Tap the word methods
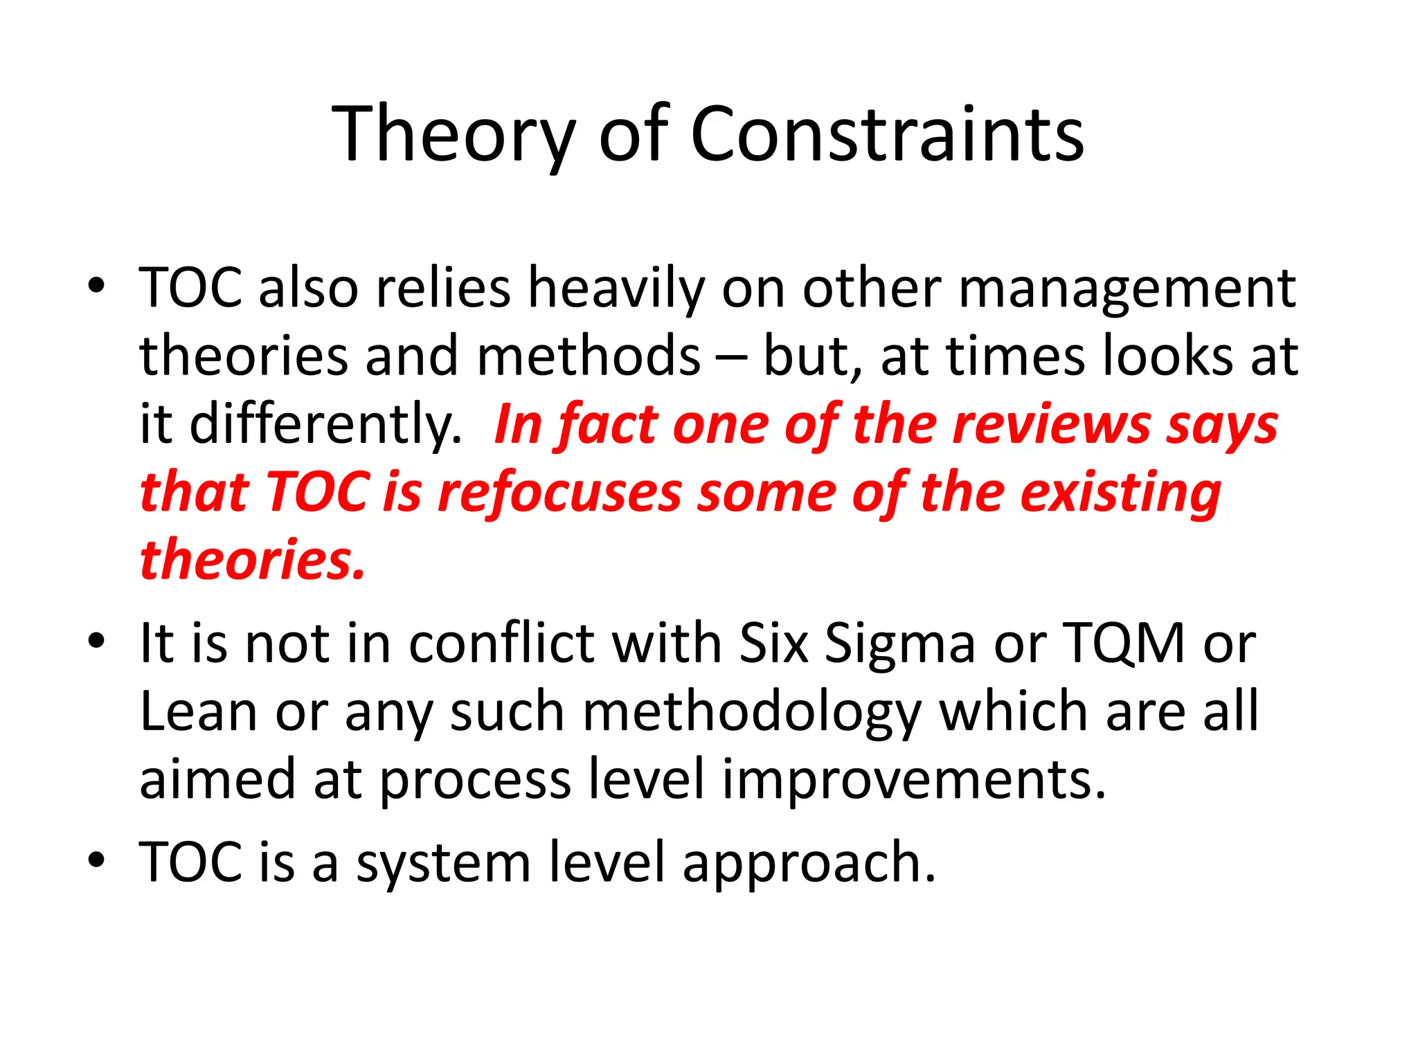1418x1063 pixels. (589, 356)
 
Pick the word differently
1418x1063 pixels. (325, 424)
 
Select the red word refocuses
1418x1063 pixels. (559, 493)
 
